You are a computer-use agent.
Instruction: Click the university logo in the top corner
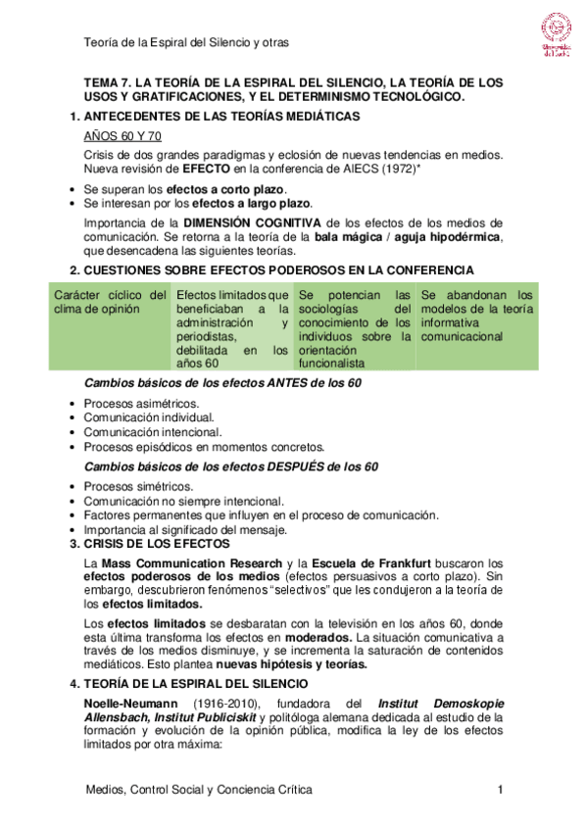point(558,36)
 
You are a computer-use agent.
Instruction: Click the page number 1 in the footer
point(501,790)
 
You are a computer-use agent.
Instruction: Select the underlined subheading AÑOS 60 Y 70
point(122,136)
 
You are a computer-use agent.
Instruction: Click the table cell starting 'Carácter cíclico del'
point(110,302)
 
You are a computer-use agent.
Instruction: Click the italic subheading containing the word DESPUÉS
point(231,466)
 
